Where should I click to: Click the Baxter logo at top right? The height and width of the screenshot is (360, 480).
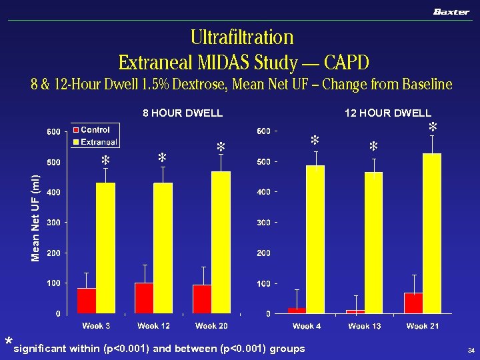[451, 12]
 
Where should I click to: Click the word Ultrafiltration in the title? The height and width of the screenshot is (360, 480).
[241, 37]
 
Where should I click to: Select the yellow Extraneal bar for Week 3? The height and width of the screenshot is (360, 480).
[105, 247]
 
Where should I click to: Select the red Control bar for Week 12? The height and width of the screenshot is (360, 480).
[144, 297]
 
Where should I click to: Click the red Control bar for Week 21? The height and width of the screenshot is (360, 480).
[413, 303]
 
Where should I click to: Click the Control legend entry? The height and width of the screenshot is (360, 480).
[94, 130]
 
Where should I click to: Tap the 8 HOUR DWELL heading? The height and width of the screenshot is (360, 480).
[183, 113]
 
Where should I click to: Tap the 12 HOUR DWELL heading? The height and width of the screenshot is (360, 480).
[387, 113]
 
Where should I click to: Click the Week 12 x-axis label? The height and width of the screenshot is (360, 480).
[153, 326]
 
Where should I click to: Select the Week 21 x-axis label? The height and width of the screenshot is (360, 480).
[423, 326]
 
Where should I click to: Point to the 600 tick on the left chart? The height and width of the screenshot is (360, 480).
[53, 131]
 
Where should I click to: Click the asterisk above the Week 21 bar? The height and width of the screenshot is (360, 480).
[433, 127]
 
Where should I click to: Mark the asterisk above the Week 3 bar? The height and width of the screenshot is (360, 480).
[105, 161]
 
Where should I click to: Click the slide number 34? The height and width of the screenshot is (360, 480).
[471, 351]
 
